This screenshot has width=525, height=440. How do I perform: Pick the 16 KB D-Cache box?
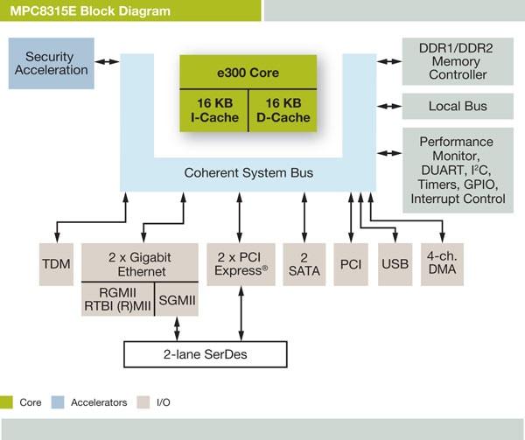[283, 110]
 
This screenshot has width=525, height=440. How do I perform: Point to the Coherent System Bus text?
[248, 173]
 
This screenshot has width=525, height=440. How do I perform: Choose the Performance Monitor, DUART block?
[456, 170]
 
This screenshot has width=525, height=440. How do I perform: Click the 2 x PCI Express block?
[240, 263]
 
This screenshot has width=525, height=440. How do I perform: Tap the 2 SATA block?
[304, 263]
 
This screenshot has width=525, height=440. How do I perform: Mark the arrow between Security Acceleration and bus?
[106, 61]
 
